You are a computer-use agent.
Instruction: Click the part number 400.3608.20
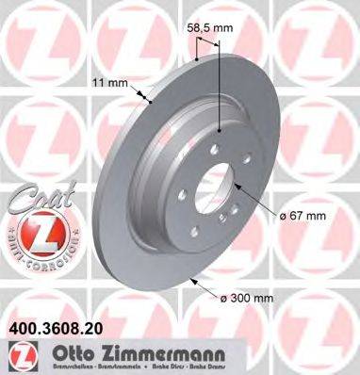click(x=57, y=333)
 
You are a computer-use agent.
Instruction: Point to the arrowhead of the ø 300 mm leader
click(x=189, y=279)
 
